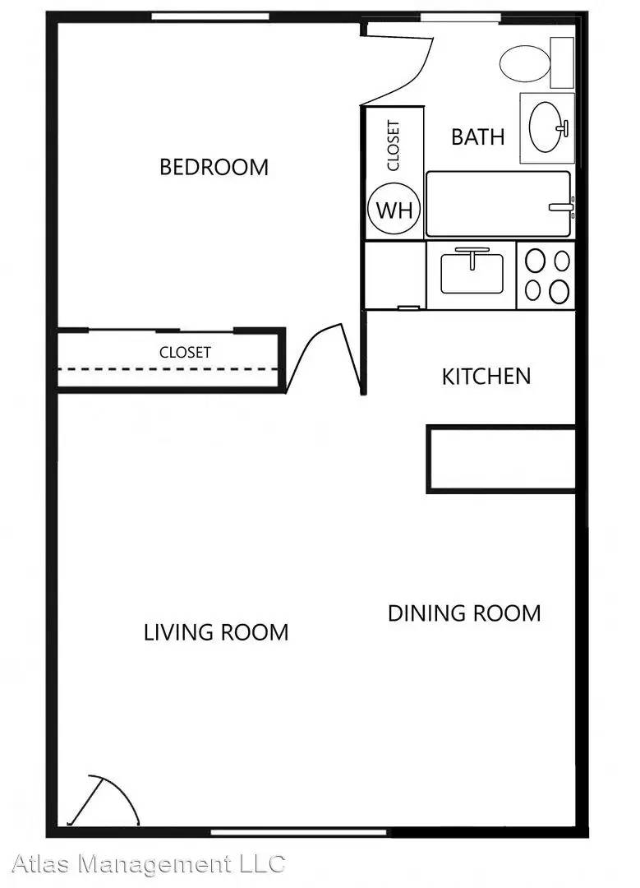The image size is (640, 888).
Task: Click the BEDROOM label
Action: (x=214, y=167)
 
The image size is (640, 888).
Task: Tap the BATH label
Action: (x=477, y=137)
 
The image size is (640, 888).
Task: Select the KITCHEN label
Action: (x=486, y=377)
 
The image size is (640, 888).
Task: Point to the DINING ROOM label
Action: (x=464, y=613)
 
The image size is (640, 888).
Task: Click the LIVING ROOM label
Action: (x=216, y=632)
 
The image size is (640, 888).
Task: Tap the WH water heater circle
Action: (x=394, y=210)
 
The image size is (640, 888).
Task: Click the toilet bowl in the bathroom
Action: (x=525, y=62)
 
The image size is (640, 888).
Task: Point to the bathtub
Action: (x=499, y=204)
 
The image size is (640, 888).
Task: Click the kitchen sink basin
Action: (x=472, y=274)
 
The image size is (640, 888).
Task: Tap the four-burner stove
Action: (x=546, y=275)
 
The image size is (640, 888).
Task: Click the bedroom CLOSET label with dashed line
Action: (x=185, y=352)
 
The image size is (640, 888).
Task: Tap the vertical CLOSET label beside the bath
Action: (x=394, y=146)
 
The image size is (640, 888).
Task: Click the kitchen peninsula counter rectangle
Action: (x=501, y=459)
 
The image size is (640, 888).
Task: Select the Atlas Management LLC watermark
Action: (x=148, y=864)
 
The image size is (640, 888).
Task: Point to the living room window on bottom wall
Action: (x=299, y=832)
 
